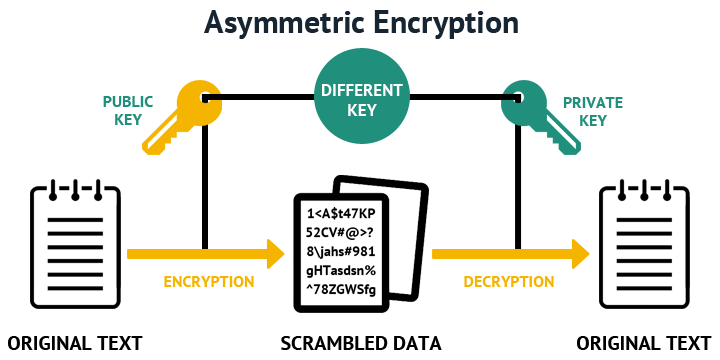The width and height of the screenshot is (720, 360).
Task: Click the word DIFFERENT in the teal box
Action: (x=361, y=90)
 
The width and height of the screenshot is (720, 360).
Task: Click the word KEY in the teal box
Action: (x=361, y=110)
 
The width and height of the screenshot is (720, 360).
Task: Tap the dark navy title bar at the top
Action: (x=360, y=24)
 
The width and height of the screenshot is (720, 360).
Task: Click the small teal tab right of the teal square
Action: (x=602, y=111)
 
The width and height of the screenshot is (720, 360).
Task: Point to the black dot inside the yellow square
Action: (x=205, y=98)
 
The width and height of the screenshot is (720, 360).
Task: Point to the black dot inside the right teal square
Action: (x=518, y=98)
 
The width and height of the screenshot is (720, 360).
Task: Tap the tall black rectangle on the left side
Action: (x=75, y=244)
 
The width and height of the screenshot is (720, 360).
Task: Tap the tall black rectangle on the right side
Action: (x=644, y=244)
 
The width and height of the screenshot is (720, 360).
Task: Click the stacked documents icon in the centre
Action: (x=360, y=245)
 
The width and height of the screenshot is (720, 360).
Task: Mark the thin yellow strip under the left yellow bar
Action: (x=208, y=282)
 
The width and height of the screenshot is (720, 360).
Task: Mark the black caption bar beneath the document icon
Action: (x=361, y=343)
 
